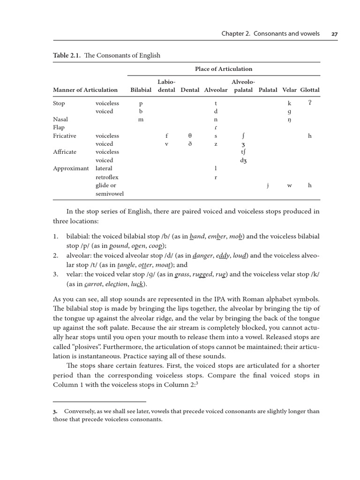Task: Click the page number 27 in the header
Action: [334, 34]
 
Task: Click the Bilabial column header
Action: [141, 90]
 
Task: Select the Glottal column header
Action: [310, 90]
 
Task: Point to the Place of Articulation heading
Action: [224, 69]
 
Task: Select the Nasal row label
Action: [60, 120]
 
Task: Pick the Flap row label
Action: [59, 127]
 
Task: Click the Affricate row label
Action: [65, 152]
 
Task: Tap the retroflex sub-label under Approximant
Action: [107, 177]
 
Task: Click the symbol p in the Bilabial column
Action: [140, 104]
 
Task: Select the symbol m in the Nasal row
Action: [140, 120]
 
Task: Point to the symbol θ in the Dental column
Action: [190, 135]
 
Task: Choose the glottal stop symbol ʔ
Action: [309, 103]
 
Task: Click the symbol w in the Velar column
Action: [289, 186]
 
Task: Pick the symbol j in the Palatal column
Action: [268, 186]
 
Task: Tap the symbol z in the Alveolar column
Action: [216, 144]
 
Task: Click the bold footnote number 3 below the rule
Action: [55, 411]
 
